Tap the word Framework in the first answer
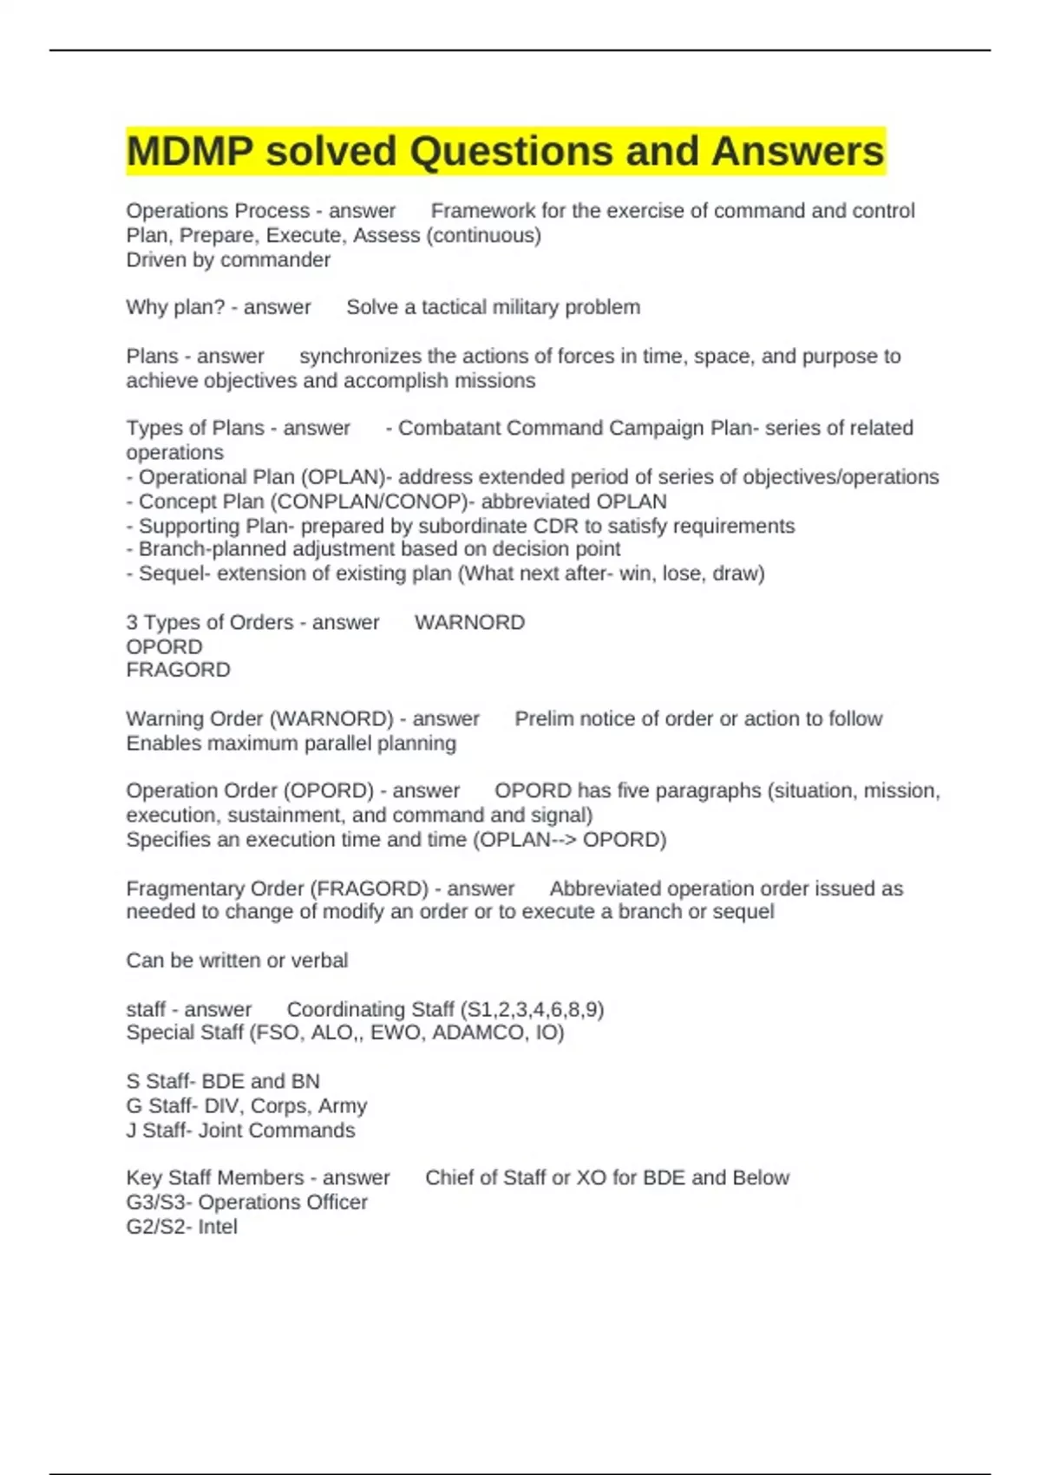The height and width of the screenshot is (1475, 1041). [483, 211]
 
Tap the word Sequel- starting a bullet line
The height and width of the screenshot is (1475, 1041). [174, 574]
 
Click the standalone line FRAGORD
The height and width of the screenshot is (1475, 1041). [179, 670]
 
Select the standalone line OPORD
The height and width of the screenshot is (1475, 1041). [164, 646]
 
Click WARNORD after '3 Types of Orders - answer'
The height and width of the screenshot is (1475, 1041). [469, 622]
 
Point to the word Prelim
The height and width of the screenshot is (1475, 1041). [543, 718]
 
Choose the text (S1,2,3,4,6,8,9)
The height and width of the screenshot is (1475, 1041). [532, 1009]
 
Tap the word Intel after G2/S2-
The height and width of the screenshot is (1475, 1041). [217, 1227]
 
